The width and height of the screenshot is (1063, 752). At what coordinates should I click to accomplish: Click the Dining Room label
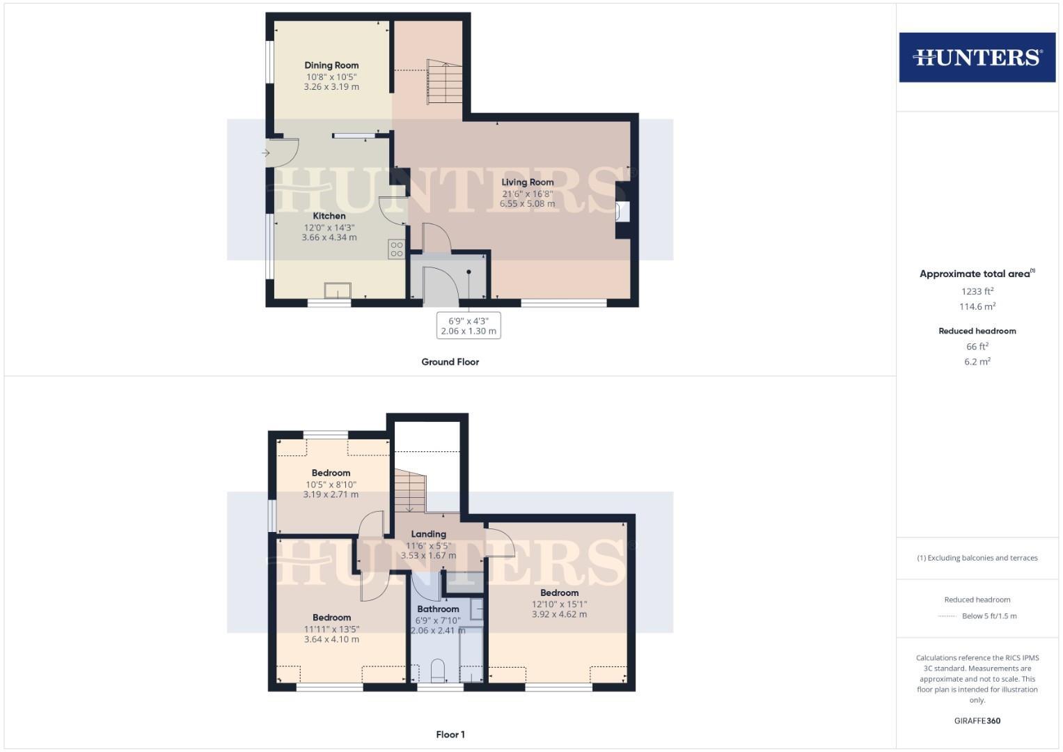(x=331, y=65)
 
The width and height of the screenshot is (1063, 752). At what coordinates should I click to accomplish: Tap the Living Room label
(x=528, y=182)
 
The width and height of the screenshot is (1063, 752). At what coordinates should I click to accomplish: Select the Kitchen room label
(x=329, y=216)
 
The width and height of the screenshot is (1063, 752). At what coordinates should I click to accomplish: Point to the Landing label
(x=428, y=534)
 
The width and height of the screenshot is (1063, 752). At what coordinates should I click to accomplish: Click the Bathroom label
(x=438, y=609)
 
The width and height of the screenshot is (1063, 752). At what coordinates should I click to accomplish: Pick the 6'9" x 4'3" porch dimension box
(x=468, y=326)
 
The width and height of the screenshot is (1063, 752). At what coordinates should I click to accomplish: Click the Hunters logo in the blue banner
(x=977, y=57)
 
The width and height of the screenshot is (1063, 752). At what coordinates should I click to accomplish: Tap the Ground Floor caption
(x=450, y=362)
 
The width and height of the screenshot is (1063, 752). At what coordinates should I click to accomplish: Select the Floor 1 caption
(x=450, y=735)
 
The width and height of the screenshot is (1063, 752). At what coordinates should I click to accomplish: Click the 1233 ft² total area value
(x=977, y=292)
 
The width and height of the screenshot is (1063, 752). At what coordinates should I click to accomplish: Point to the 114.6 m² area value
(x=977, y=306)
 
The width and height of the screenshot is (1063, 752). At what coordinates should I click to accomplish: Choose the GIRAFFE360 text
(x=977, y=721)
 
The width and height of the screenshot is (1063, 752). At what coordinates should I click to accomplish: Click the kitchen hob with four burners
(x=397, y=249)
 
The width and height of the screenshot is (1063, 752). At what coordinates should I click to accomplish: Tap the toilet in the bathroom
(x=438, y=671)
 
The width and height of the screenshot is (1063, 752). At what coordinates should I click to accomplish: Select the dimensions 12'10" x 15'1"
(x=559, y=604)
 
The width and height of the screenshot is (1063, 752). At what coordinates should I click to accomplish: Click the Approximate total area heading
(x=977, y=274)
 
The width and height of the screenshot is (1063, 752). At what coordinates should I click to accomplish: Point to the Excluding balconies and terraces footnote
(x=977, y=558)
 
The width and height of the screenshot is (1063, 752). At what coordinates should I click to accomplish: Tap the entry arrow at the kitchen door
(x=265, y=153)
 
